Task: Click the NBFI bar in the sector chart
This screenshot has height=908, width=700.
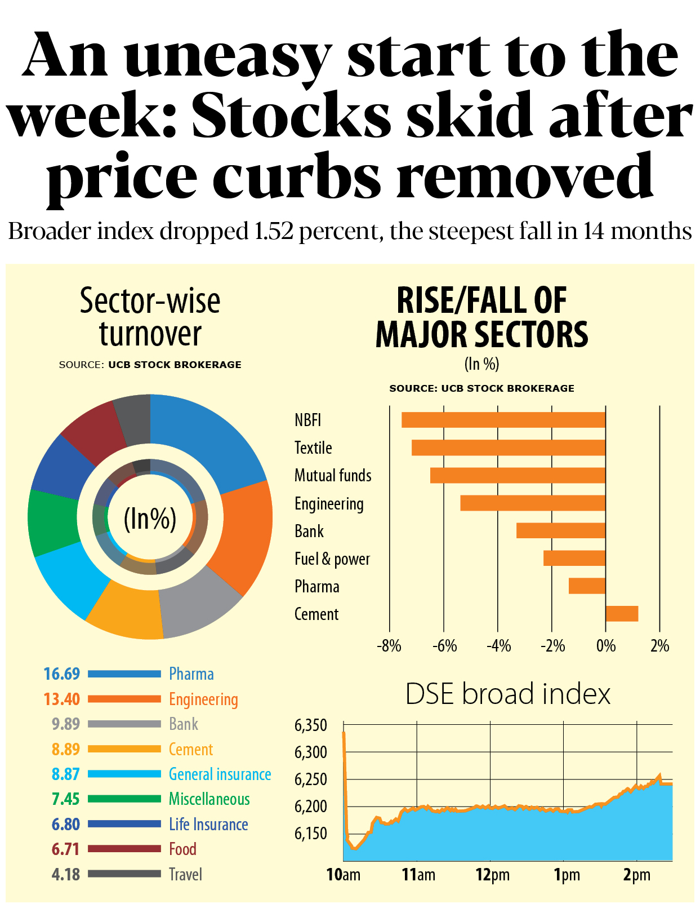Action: point(503,420)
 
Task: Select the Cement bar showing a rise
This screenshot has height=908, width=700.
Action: point(622,614)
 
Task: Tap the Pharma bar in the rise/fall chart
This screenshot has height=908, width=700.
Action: point(587,586)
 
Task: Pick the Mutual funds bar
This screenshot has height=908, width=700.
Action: point(518,475)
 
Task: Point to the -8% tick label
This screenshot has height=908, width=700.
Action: point(389,646)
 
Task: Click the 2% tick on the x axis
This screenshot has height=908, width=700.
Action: point(659,646)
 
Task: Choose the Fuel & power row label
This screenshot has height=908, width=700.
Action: point(332,559)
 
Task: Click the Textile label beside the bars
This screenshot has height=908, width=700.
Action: point(313,448)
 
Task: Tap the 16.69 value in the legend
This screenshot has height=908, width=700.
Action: point(62,674)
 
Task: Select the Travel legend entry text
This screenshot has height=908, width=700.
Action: point(185,874)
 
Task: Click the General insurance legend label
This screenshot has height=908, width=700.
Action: point(220,774)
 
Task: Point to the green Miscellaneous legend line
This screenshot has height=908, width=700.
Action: point(124,799)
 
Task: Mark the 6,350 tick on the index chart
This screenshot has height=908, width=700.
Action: point(310,725)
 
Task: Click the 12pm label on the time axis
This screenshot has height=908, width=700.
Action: point(492,875)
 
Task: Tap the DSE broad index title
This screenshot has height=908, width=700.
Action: point(507,694)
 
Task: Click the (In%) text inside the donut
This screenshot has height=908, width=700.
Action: point(150,519)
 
